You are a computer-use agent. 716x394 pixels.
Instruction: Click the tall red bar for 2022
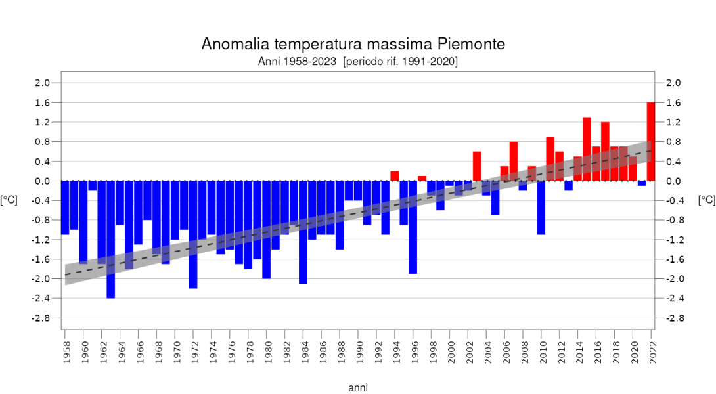click(651, 141)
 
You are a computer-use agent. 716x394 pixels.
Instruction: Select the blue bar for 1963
click(111, 239)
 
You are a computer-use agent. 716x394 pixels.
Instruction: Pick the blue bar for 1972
click(193, 234)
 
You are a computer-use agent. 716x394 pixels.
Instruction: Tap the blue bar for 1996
click(413, 227)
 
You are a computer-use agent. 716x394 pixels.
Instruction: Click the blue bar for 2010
click(541, 208)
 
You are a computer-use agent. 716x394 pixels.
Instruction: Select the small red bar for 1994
click(395, 176)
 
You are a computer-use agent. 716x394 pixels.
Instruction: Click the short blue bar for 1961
click(93, 186)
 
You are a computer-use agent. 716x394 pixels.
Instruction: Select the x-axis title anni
click(358, 387)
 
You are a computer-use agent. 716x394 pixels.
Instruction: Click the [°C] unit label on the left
click(9, 200)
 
